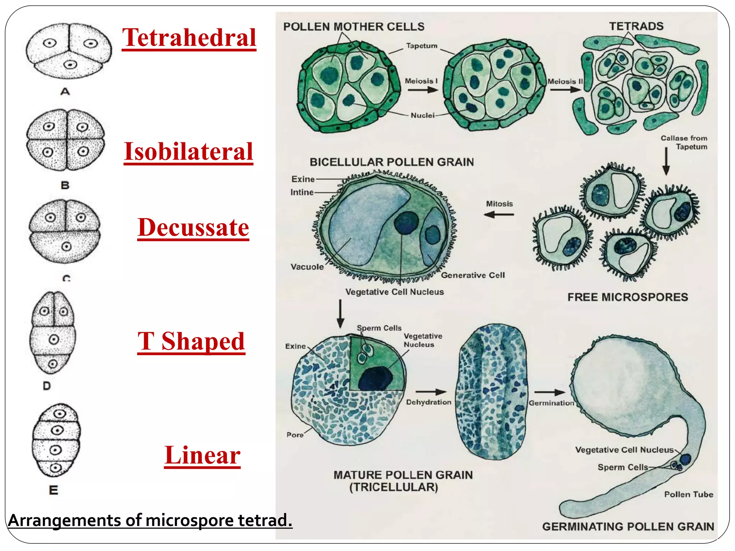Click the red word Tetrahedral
click(189, 38)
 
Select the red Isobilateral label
click(188, 151)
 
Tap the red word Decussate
click(193, 227)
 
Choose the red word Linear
click(202, 455)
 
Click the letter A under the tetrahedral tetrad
click(65, 92)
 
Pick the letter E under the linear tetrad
click(53, 490)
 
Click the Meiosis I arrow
click(423, 90)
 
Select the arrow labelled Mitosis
click(499, 215)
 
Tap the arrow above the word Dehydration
click(431, 392)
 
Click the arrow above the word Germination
click(549, 392)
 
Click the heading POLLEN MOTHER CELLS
click(354, 27)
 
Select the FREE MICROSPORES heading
click(628, 297)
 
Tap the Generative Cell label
click(473, 275)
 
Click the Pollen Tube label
click(688, 494)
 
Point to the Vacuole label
click(307, 267)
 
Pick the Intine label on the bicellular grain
click(302, 192)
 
